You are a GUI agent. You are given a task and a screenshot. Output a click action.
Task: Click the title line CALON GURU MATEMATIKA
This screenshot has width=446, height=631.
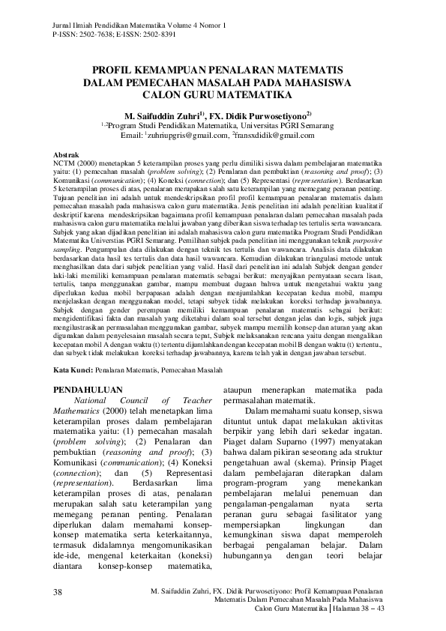[x=222, y=96]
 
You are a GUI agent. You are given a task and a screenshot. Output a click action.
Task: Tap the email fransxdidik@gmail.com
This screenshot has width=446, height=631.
[x=271, y=135]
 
